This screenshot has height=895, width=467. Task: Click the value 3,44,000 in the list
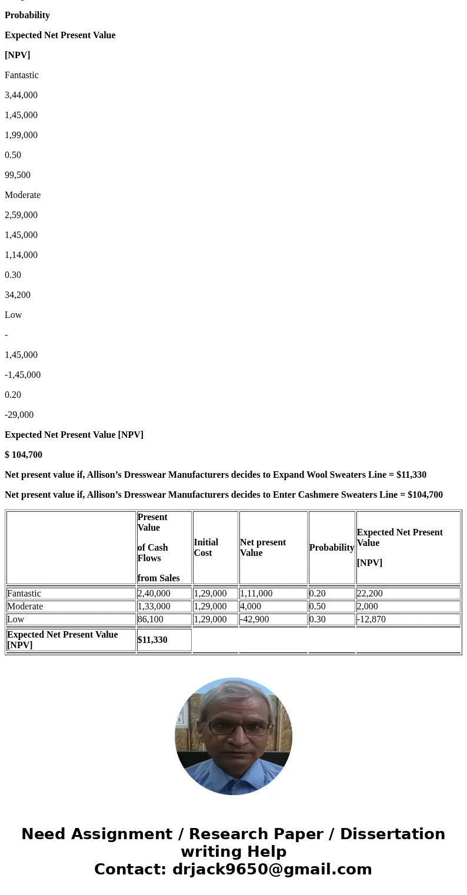(x=21, y=95)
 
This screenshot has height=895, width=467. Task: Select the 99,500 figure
(x=18, y=175)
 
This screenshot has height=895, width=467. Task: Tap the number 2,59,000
(x=21, y=215)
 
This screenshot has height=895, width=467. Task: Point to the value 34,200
(x=18, y=295)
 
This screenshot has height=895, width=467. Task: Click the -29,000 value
(x=19, y=415)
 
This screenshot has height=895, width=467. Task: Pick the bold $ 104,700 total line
(x=24, y=455)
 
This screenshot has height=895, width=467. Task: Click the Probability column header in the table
(x=332, y=548)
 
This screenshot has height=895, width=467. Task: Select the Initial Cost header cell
(x=206, y=548)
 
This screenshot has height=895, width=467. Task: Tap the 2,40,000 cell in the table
(x=154, y=594)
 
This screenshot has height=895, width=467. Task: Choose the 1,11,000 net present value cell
(x=256, y=594)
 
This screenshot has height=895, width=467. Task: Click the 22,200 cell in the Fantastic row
(x=370, y=594)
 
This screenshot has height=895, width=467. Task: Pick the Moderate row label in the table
(x=25, y=606)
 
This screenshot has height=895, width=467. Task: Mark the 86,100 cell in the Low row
(x=151, y=619)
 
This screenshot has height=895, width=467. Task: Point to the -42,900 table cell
(x=255, y=619)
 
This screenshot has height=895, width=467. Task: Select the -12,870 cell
(x=372, y=619)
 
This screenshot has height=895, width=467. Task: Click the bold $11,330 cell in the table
(x=152, y=640)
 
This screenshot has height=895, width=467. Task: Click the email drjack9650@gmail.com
(x=272, y=870)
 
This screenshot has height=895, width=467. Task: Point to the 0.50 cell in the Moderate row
(x=318, y=606)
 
